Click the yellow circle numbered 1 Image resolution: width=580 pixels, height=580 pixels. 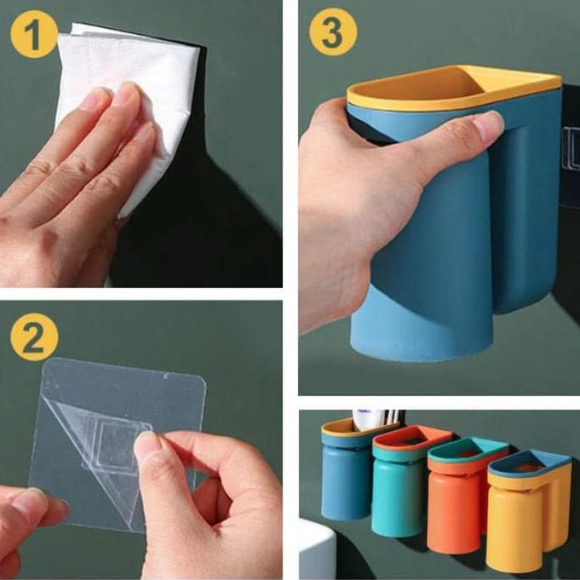(34, 34)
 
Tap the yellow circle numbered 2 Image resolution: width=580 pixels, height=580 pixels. (34, 337)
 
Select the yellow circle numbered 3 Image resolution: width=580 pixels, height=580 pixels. (333, 32)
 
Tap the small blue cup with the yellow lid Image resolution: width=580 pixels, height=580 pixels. (346, 470)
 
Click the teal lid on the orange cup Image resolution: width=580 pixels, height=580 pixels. (468, 451)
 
